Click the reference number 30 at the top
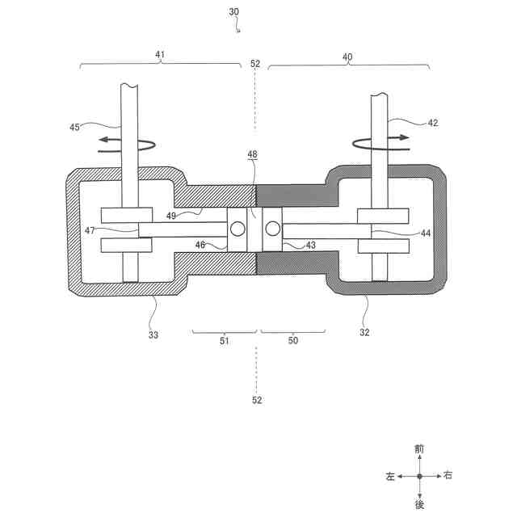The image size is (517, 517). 233,12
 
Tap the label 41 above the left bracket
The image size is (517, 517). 160,55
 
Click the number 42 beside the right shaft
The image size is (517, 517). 433,123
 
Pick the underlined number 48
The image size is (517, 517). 253,153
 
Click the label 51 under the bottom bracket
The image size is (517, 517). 225,341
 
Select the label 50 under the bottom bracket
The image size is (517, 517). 292,341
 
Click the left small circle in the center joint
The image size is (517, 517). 238,229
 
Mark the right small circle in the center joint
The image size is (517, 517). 271,229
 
